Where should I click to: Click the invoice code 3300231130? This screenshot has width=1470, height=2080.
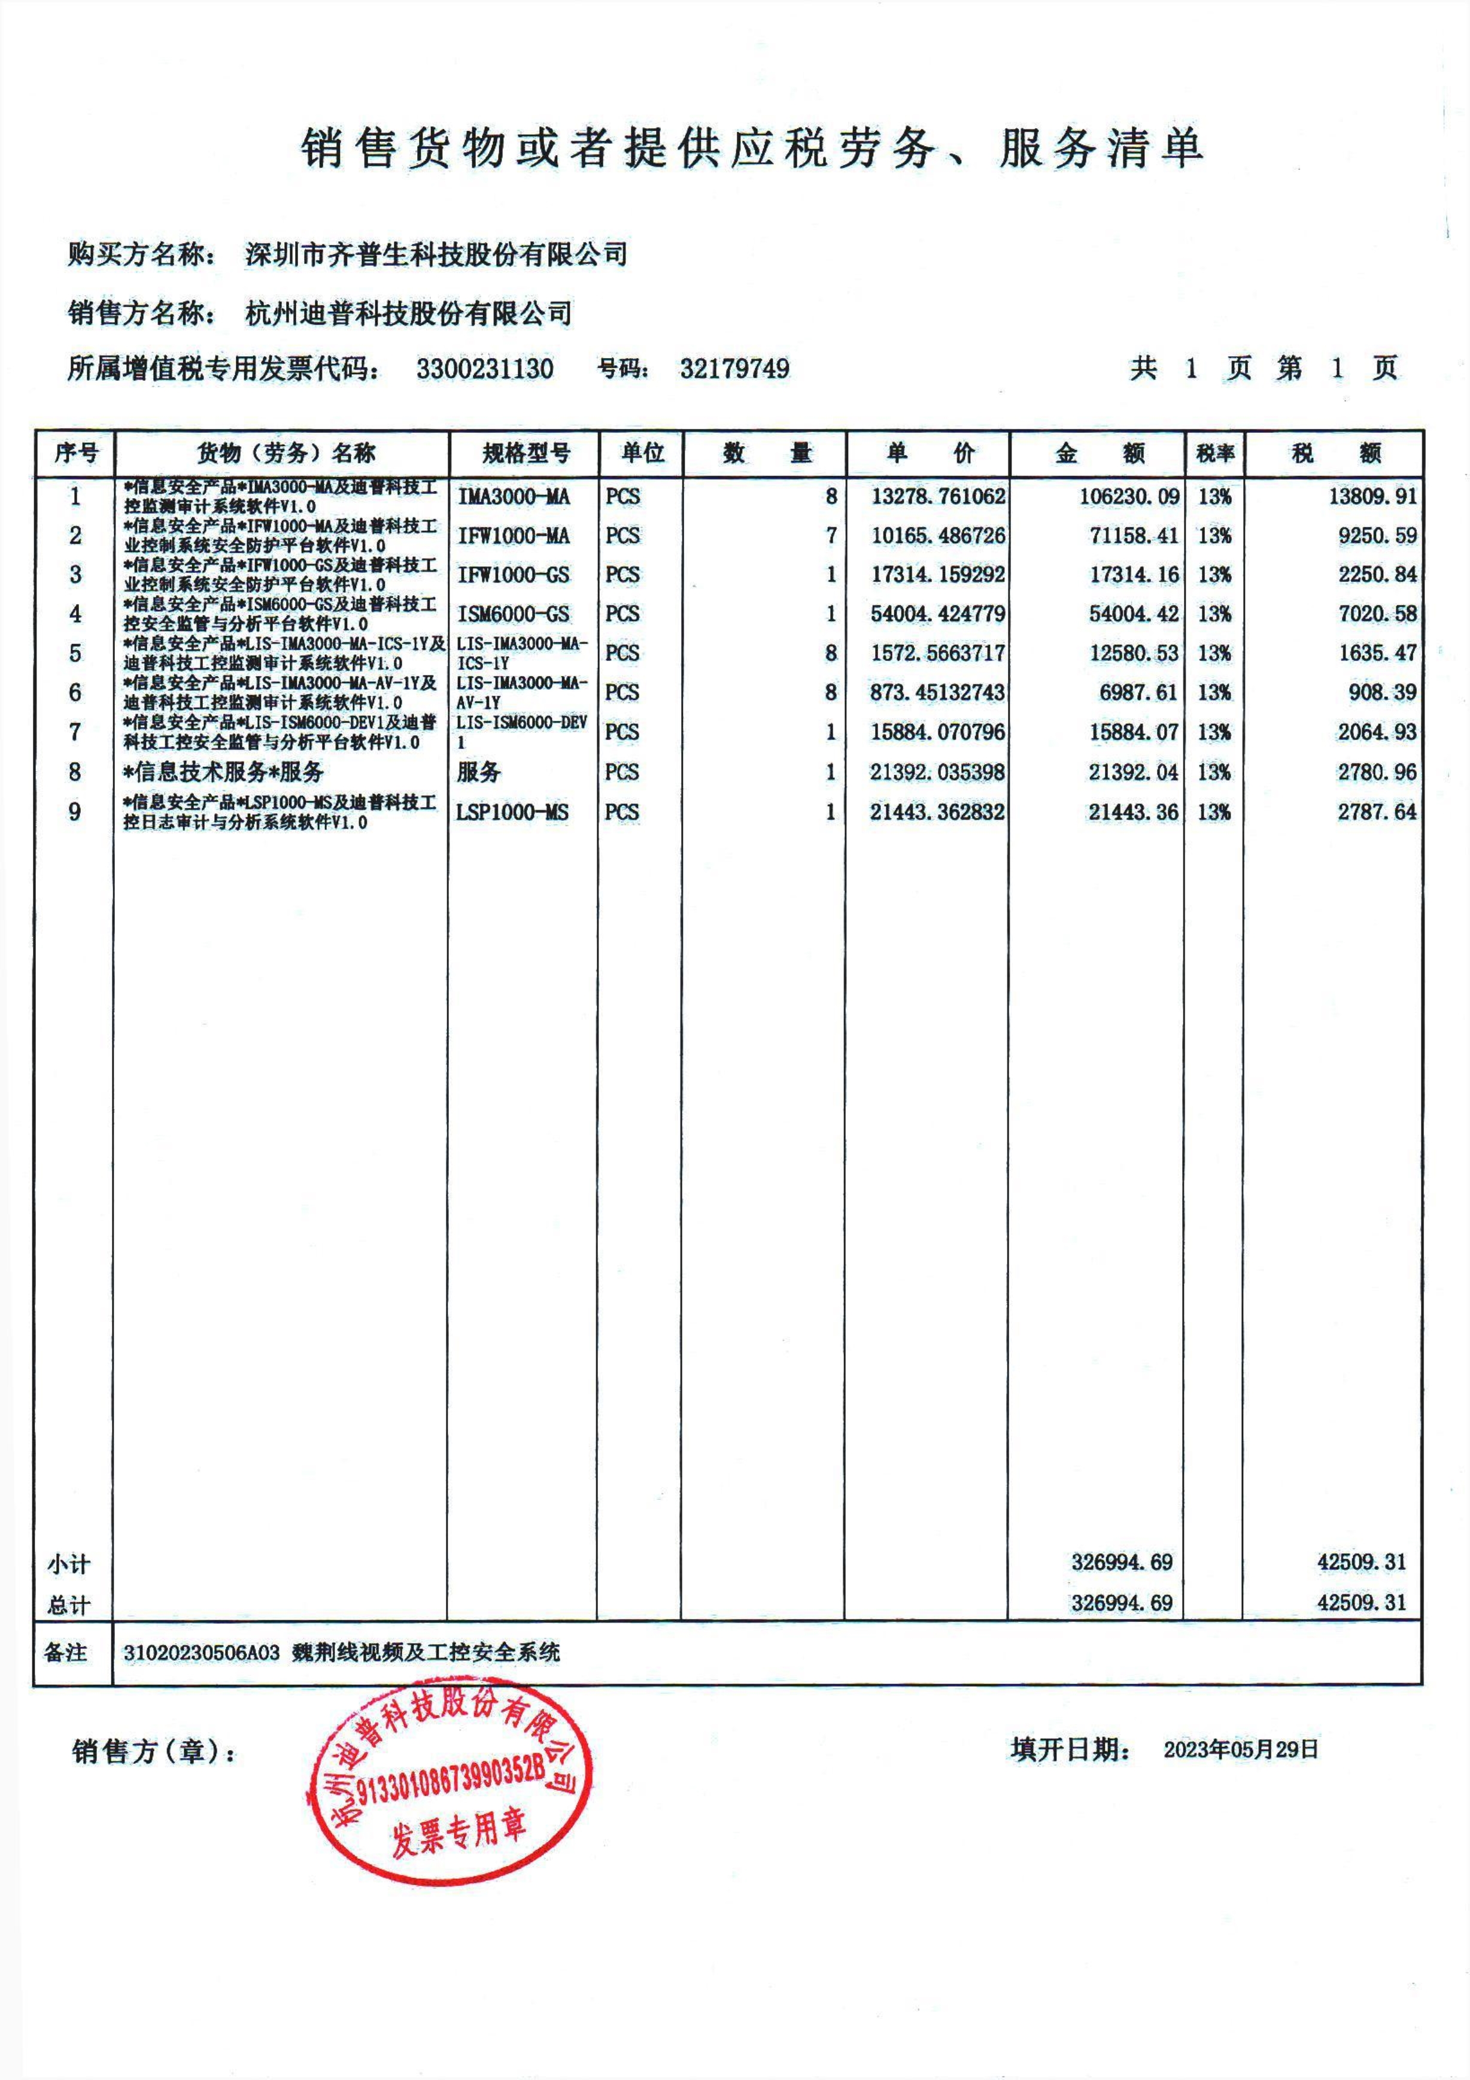tap(485, 369)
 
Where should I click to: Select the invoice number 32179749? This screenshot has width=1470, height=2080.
tap(734, 369)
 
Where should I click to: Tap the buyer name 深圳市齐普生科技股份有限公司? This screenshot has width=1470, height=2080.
tap(436, 254)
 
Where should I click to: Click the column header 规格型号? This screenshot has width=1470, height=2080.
tap(526, 453)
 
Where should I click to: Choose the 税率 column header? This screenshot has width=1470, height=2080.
tap(1214, 453)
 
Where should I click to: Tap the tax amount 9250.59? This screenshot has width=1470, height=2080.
tap(1377, 535)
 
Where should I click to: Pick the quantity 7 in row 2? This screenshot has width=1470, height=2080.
tap(830, 535)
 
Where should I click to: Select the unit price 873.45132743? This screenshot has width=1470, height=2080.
tap(937, 692)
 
